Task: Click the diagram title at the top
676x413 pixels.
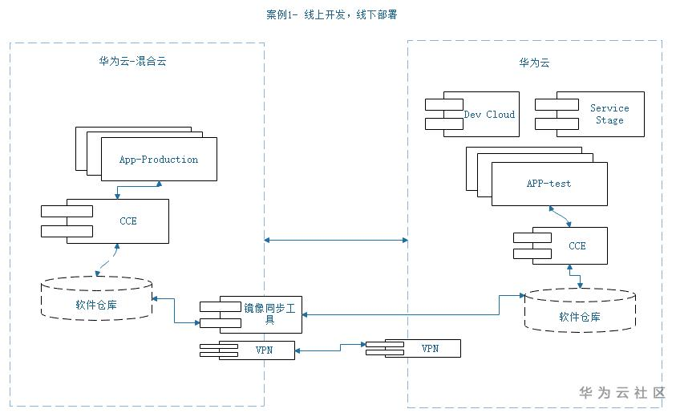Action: [x=342, y=14]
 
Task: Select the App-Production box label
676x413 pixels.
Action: [x=159, y=159]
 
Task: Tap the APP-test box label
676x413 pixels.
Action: [x=549, y=184]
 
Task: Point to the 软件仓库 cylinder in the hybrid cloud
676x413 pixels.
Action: [x=97, y=304]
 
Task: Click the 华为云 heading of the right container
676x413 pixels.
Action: [x=534, y=63]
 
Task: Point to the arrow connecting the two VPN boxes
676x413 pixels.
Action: [x=330, y=348]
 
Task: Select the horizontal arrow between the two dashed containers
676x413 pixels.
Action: [x=336, y=239]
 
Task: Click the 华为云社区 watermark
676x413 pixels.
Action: [x=622, y=392]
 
